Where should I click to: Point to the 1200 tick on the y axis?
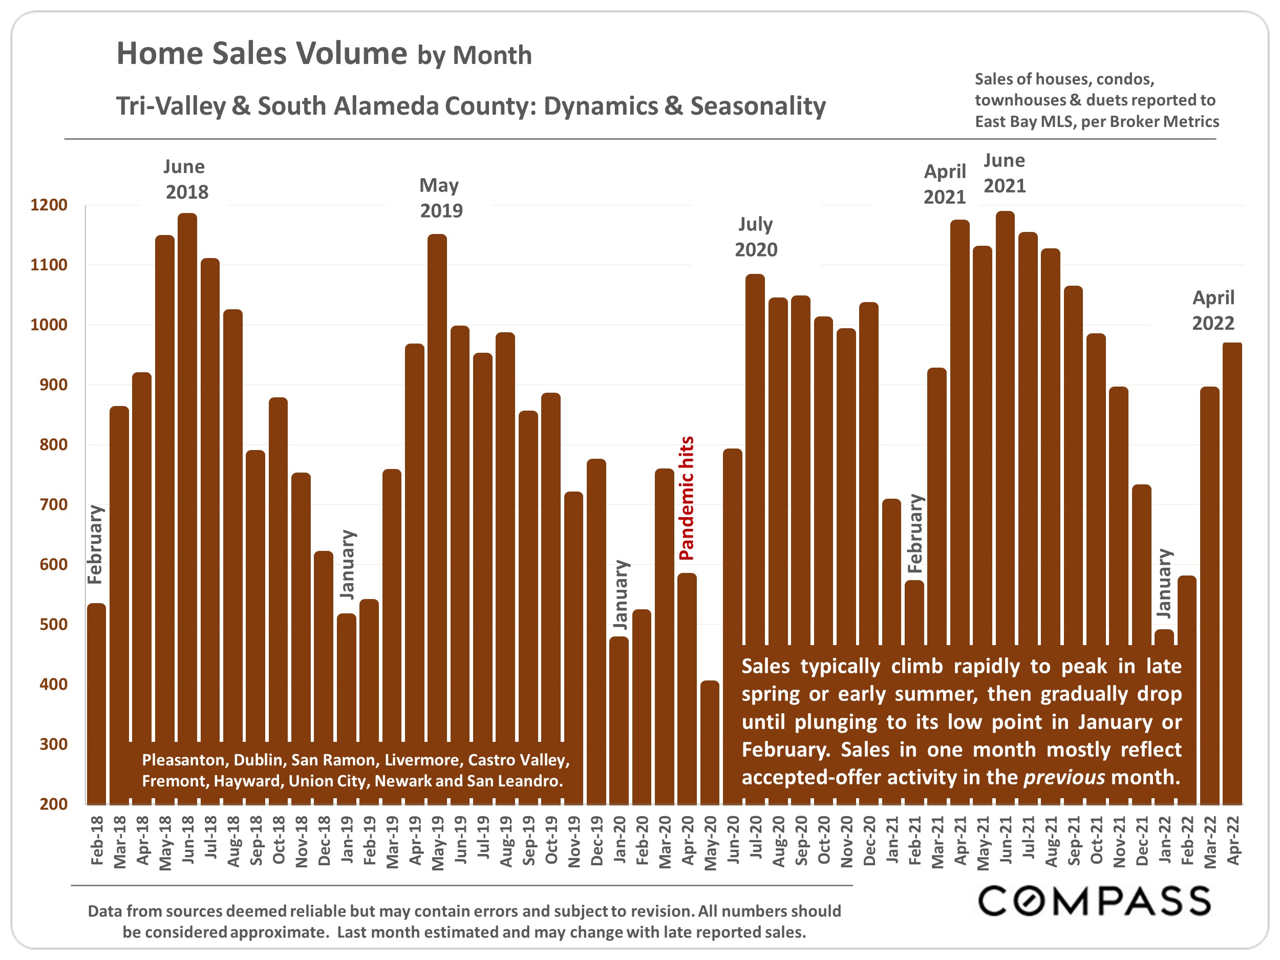click(x=49, y=205)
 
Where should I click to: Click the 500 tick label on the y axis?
click(x=53, y=624)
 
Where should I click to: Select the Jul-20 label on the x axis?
click(x=756, y=840)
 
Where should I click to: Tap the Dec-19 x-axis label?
click(x=596, y=841)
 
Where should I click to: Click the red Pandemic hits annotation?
click(x=686, y=498)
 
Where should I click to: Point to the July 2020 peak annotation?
click(x=756, y=237)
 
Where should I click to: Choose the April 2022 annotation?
click(x=1213, y=310)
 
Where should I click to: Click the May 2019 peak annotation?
click(x=440, y=198)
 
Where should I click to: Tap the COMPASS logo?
click(x=1094, y=901)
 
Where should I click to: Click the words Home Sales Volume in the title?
click(x=262, y=53)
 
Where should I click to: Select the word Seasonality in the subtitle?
click(x=758, y=106)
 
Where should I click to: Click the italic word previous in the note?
click(x=1063, y=777)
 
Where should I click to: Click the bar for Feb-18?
click(x=97, y=703)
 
